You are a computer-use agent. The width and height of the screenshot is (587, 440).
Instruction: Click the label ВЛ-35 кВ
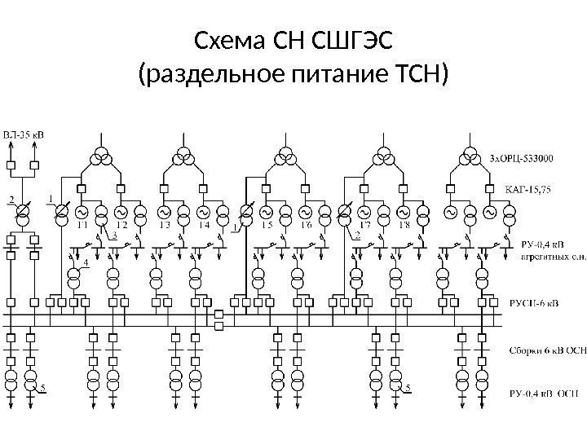coord(24,134)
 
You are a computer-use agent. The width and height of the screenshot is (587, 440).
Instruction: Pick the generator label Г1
coord(82,225)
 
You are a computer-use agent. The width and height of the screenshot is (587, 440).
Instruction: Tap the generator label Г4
coord(203,225)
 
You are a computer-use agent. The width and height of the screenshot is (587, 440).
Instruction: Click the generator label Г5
coord(267,225)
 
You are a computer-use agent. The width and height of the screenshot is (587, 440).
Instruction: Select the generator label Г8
coord(403,225)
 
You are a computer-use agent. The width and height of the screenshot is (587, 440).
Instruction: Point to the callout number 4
coord(86,262)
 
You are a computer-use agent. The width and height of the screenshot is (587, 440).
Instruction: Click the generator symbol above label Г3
coord(162,213)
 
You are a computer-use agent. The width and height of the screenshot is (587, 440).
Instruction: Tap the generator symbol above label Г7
coord(364,213)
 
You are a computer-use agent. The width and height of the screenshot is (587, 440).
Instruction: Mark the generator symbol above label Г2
coord(121,213)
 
